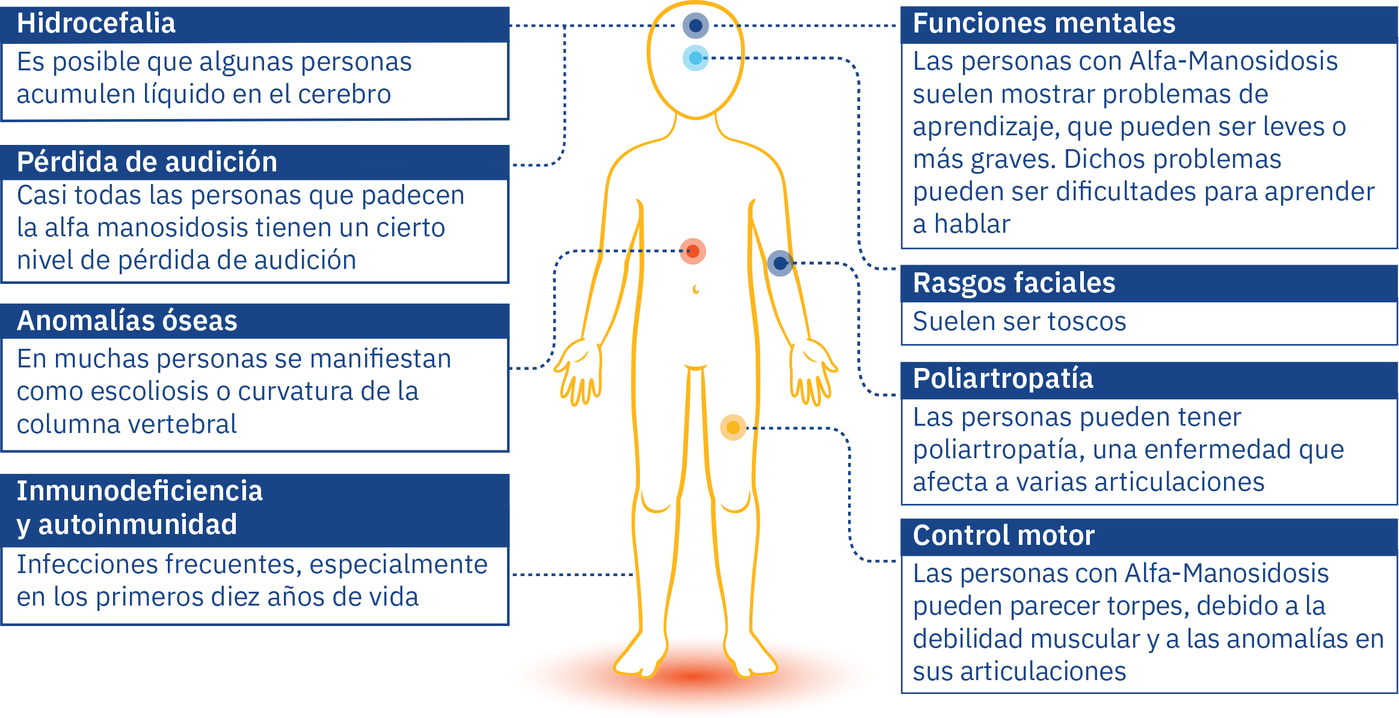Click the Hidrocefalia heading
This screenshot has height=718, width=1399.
(96, 23)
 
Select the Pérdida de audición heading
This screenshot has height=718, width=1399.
(147, 162)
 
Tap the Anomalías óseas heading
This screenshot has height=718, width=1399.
(127, 321)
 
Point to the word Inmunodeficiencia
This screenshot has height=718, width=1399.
(140, 491)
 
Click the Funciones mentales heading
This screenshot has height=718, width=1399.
(1044, 23)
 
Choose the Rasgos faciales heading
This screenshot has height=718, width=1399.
(1013, 283)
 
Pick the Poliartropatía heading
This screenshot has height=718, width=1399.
(1003, 379)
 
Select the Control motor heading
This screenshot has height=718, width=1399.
(1003, 536)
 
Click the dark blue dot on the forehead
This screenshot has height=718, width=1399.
(696, 26)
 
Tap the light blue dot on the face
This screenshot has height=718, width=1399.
(696, 58)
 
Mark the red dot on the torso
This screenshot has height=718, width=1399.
(693, 251)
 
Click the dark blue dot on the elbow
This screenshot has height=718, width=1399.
(780, 263)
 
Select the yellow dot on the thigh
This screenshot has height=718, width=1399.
(733, 428)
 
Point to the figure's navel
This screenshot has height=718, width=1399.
(696, 289)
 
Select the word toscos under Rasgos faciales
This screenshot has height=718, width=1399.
(1087, 322)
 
